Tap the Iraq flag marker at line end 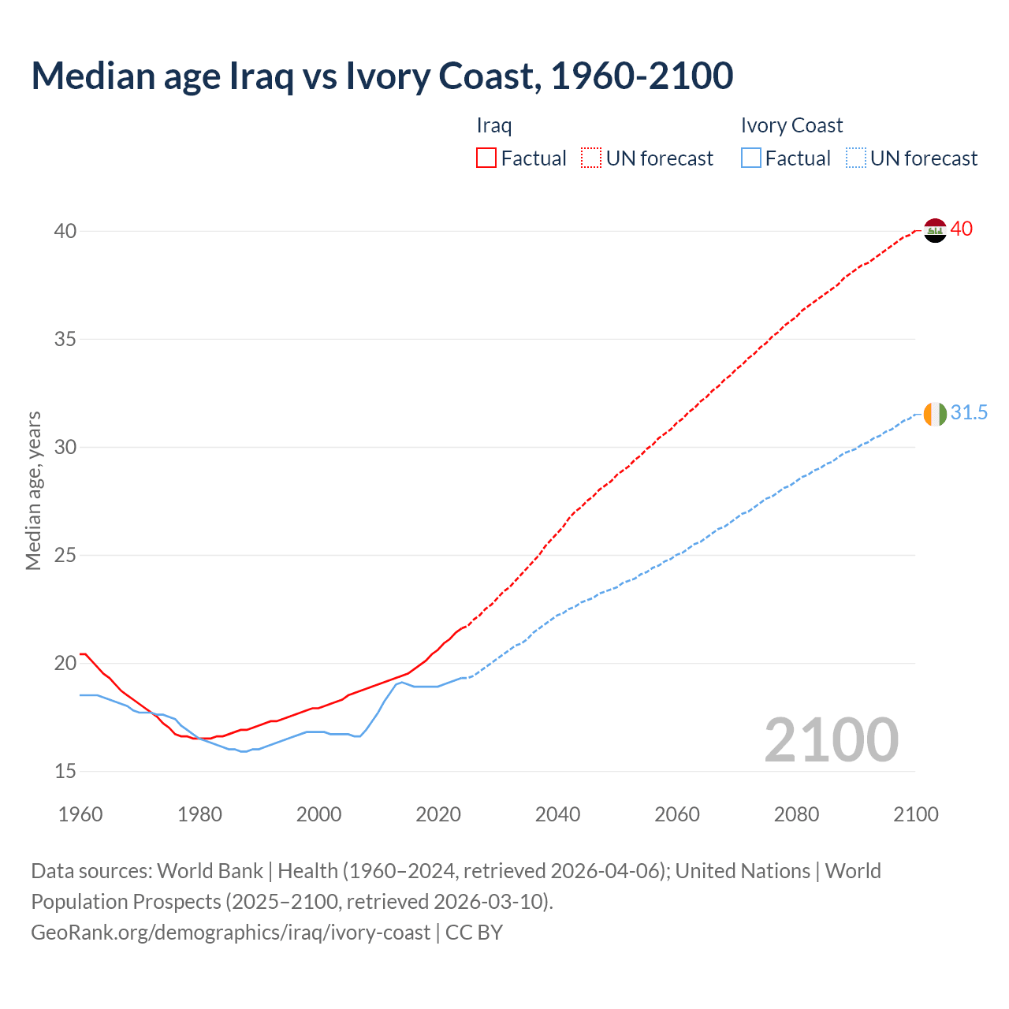[934, 230]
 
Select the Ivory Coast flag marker [934, 413]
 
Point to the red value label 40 [962, 229]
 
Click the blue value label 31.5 [969, 413]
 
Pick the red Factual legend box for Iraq [486, 158]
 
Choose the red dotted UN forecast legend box [591, 158]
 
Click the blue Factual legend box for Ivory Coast [750, 158]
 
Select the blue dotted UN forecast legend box [855, 158]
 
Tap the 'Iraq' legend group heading [494, 125]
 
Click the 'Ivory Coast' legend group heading [791, 125]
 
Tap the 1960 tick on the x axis [80, 814]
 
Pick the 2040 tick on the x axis [557, 814]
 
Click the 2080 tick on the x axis [796, 814]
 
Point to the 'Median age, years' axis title [33, 490]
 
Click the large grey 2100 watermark [831, 739]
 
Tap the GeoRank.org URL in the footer [230, 933]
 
